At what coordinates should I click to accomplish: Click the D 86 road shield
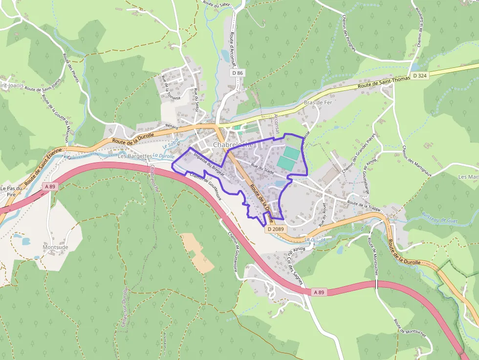tap(238, 73)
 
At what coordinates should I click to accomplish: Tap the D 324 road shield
tap(419, 76)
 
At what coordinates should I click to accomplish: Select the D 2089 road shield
tap(276, 229)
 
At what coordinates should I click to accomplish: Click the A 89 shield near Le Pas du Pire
tap(49, 186)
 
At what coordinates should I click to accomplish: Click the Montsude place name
tap(56, 247)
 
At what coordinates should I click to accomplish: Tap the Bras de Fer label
tap(318, 103)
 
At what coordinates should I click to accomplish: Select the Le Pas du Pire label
tap(12, 191)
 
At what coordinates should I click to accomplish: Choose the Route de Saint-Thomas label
tap(383, 82)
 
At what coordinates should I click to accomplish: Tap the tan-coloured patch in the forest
tap(197, 252)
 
